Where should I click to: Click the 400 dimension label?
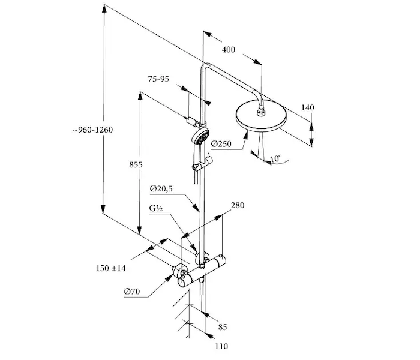point(229,50)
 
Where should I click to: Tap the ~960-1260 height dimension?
point(93,130)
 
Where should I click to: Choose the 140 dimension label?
point(308,108)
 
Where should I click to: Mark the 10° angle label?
point(276,159)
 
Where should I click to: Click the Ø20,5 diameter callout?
point(160,189)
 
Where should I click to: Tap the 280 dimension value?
point(238,206)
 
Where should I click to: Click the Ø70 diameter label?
point(132,292)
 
